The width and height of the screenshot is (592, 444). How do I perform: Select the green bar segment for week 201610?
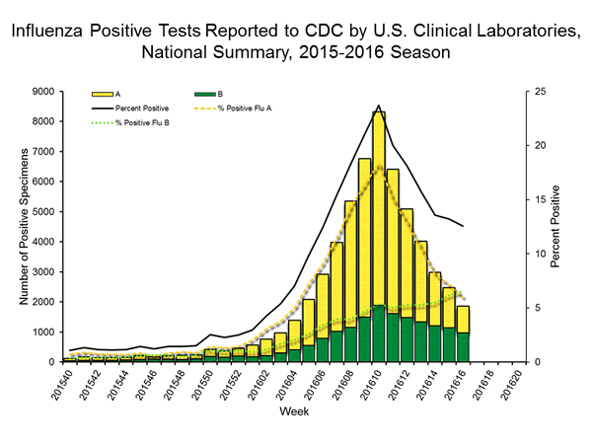tap(379, 333)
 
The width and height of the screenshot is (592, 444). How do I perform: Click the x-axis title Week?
tap(294, 409)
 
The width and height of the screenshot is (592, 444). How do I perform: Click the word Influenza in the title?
tap(46, 31)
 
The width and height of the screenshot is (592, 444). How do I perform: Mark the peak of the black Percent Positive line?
tap(379, 106)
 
